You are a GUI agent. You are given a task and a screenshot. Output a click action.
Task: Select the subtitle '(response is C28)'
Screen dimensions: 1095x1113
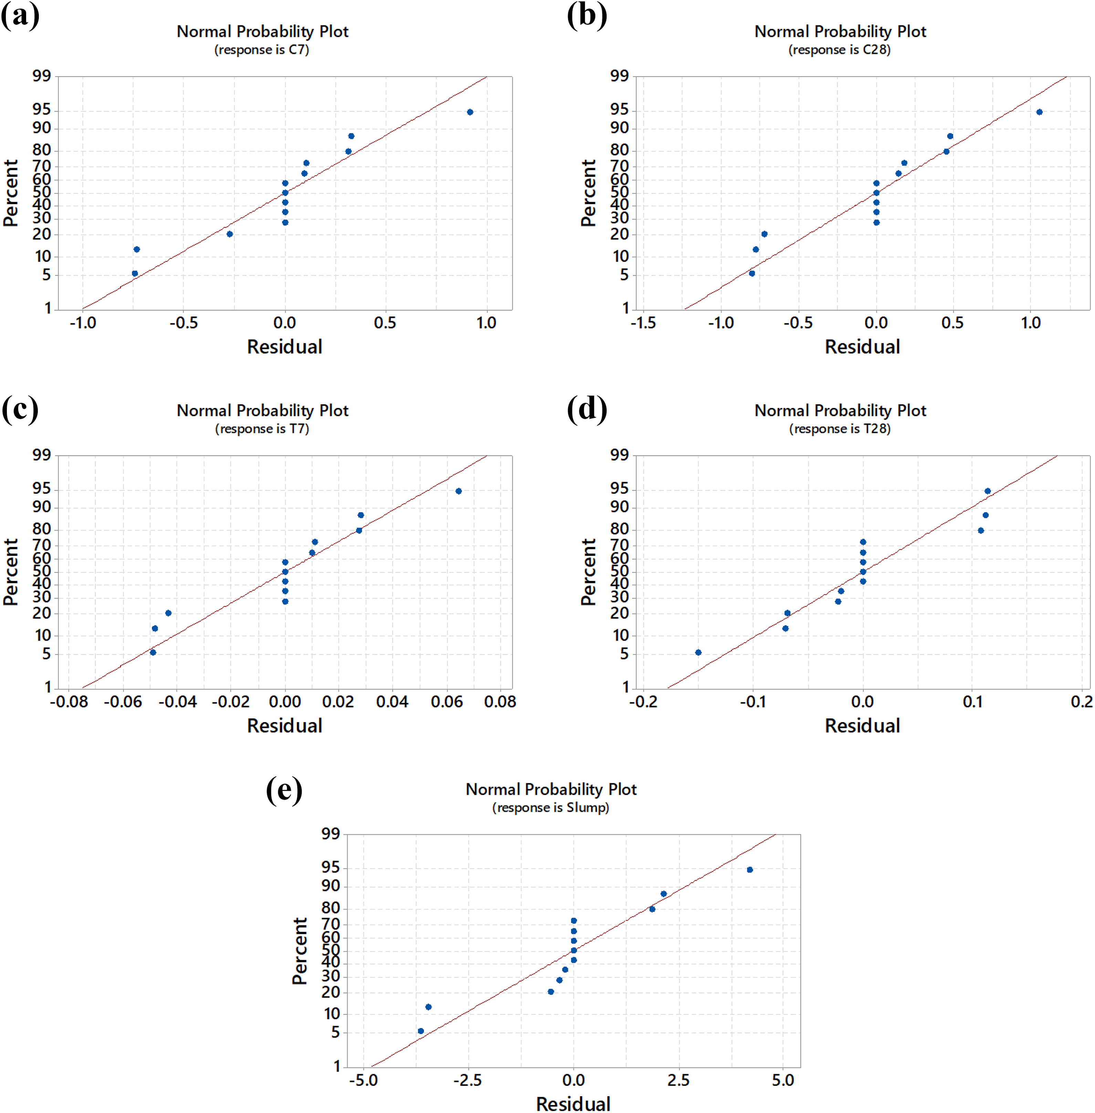839,50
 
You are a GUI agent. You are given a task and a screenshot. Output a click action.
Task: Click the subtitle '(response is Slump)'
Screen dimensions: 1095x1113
550,808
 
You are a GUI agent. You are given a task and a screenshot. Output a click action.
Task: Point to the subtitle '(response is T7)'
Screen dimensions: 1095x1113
262,429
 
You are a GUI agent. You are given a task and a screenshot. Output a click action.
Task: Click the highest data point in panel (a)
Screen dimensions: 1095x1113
470,112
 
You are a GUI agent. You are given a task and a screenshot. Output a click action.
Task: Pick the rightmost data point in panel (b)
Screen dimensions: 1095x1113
1039,112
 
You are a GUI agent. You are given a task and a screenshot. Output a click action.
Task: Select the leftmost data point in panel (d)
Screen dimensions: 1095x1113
698,652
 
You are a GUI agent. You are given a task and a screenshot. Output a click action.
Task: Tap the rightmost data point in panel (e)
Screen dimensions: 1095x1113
749,870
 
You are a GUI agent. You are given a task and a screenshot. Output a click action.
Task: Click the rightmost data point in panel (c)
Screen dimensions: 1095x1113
458,491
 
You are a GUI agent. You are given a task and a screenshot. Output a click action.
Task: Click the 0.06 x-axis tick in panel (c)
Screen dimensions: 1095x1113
447,702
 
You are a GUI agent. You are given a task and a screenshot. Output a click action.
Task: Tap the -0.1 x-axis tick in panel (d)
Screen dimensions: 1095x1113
752,702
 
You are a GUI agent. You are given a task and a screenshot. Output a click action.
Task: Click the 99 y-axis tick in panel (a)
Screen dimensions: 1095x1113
41,76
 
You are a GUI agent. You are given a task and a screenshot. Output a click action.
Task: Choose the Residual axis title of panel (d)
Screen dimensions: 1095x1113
862,726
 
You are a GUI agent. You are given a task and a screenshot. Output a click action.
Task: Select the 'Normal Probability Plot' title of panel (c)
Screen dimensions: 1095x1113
262,411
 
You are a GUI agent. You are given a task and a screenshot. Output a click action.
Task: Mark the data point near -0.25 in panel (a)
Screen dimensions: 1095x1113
229,234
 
